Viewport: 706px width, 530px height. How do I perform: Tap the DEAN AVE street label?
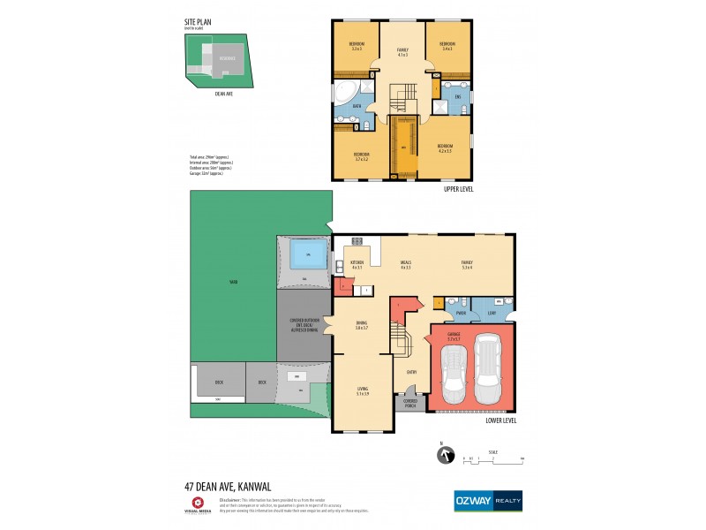223,91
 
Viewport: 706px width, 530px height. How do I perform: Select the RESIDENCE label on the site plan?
228,58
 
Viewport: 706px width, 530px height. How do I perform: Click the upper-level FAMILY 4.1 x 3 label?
402,52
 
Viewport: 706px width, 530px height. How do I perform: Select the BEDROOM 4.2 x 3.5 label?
447,148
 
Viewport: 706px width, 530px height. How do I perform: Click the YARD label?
234,282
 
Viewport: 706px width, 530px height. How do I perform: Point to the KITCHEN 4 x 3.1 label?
357,265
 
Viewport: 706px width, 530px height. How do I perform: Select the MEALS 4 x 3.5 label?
406,265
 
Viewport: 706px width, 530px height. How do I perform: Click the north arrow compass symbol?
446,456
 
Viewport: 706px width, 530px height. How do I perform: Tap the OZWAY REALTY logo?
487,499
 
